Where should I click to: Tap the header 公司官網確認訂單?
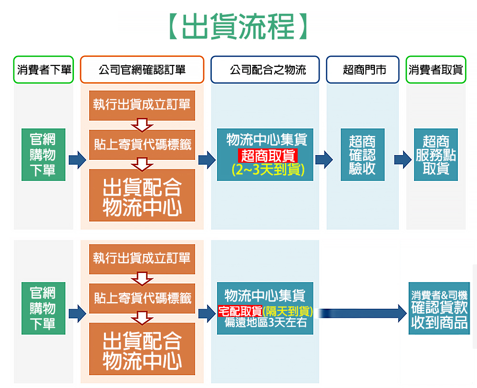tap(142, 70)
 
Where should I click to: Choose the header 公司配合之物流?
tap(265, 70)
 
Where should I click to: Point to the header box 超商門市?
tap(363, 70)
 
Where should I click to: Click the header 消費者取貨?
tap(436, 70)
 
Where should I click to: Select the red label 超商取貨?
tap(268, 155)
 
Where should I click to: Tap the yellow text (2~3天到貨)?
tap(268, 169)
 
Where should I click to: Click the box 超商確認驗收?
tap(363, 155)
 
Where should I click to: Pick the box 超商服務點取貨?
tap(436, 155)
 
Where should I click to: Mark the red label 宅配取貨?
tap(240, 312)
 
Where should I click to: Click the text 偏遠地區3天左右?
tap(265, 323)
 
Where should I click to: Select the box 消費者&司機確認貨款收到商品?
tap(439, 308)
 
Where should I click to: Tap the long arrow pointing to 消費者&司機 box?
tap(363, 314)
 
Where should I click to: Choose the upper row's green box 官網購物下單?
tap(43, 155)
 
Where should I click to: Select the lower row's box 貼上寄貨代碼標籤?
tap(142, 299)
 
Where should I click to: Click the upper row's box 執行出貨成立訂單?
tap(142, 105)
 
